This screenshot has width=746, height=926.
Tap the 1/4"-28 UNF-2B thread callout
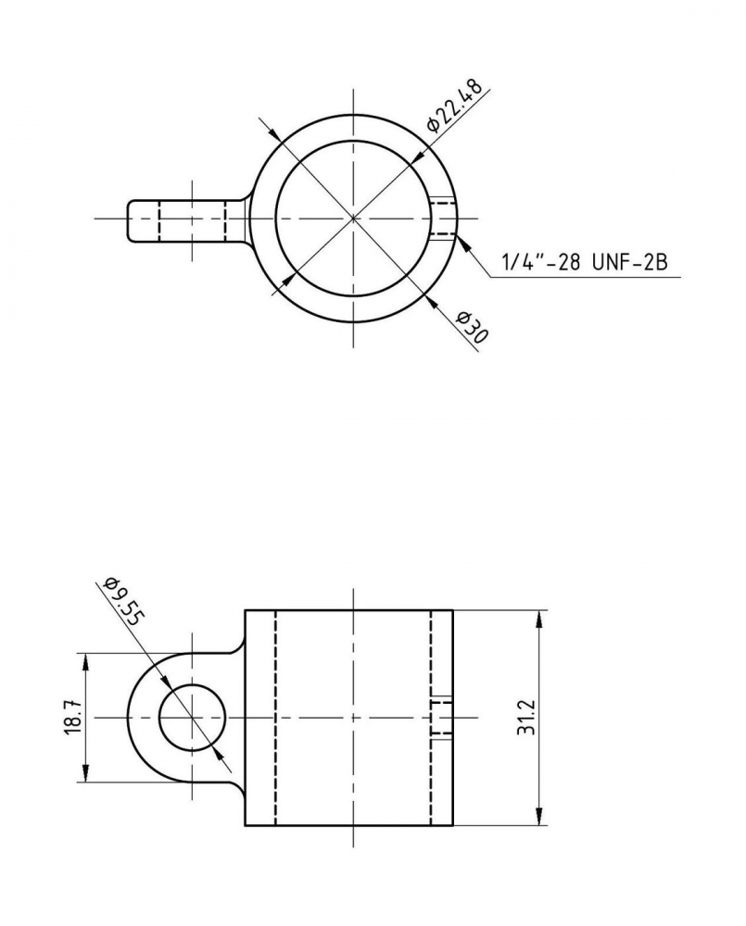(584, 262)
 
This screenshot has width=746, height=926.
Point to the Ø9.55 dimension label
(123, 602)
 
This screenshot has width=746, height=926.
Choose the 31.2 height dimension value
(525, 717)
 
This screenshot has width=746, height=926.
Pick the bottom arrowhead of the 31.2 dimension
(538, 816)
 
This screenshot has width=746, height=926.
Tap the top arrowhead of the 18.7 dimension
(85, 662)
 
